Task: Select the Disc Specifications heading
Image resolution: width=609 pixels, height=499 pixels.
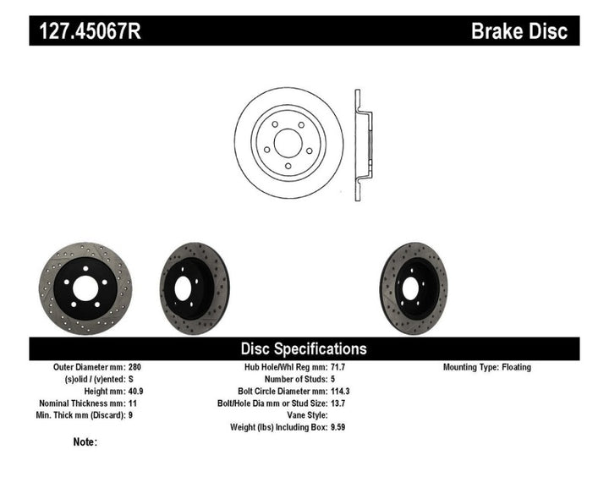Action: click(x=304, y=348)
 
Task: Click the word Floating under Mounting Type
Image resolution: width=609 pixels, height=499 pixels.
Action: click(x=515, y=368)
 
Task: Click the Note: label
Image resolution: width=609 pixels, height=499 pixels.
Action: click(x=85, y=441)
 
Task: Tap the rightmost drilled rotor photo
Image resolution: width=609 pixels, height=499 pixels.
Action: click(x=413, y=287)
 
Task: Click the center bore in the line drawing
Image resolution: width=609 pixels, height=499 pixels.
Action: click(x=288, y=142)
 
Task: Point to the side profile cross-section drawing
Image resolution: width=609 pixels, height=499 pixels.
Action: click(x=360, y=142)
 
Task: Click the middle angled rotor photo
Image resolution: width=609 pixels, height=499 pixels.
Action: click(x=194, y=288)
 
